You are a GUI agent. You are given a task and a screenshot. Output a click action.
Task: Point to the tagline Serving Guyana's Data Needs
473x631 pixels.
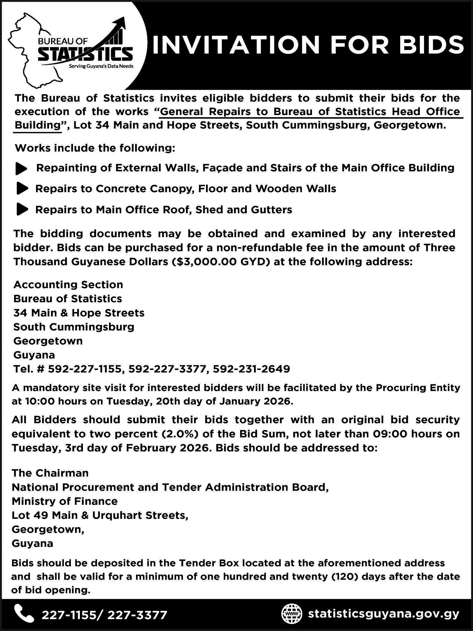click(x=101, y=66)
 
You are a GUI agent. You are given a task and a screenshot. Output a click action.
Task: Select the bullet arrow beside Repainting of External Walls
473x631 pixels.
click(x=21, y=169)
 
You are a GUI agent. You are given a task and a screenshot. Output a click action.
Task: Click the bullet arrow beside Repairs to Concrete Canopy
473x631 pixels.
click(x=22, y=189)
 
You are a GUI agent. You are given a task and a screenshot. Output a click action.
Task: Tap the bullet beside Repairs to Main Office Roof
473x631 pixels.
click(x=22, y=209)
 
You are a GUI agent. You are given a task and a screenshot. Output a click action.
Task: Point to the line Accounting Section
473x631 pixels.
click(x=68, y=285)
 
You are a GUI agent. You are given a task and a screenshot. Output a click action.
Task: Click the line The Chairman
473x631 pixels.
click(x=50, y=473)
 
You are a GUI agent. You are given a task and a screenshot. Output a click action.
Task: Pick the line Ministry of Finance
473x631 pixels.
click(x=65, y=501)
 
